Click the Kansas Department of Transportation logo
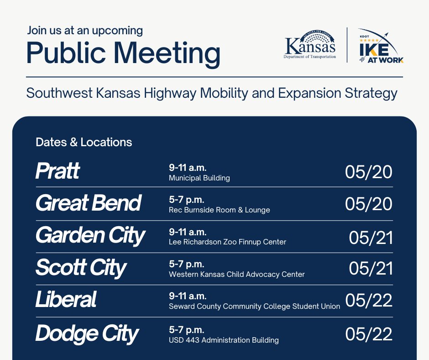point(310,45)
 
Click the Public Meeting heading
point(123,53)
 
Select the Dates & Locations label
point(84,142)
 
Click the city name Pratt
point(58,171)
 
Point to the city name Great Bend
point(89,203)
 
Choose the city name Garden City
point(90,236)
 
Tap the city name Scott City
point(81,268)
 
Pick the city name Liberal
point(66,300)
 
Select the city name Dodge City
point(87,334)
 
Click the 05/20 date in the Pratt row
point(368,172)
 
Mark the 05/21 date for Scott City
point(371,269)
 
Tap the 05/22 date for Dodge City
point(368,334)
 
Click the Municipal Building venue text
point(199,178)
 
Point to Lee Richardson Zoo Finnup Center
point(227,242)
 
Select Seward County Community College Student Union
point(254,306)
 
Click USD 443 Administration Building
point(224,340)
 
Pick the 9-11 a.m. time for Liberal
point(188,296)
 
